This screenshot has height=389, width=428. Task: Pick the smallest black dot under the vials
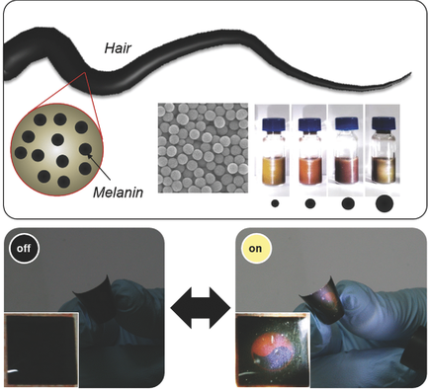pyautogui.click(x=273, y=205)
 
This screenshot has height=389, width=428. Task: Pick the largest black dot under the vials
pyautogui.click(x=384, y=203)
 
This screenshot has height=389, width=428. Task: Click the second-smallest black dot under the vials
pyautogui.click(x=309, y=204)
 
